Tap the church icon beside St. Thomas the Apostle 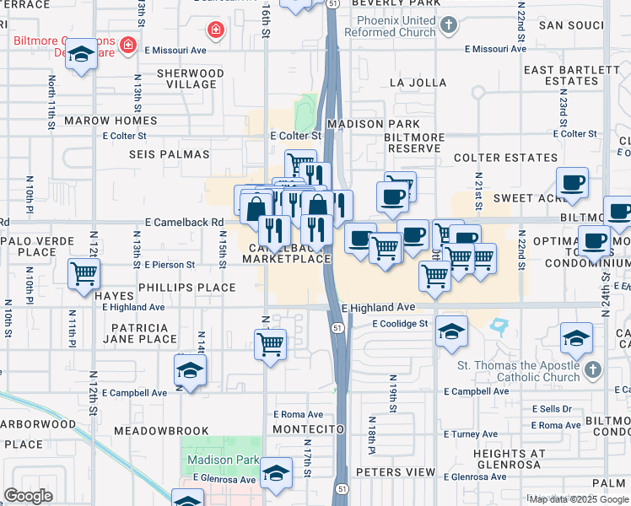pyautogui.click(x=593, y=370)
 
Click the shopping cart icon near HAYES pyautogui.click(x=84, y=273)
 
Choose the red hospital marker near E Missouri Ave pyautogui.click(x=216, y=31)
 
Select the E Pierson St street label pyautogui.click(x=170, y=264)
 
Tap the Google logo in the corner pyautogui.click(x=28, y=496)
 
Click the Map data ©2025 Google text pyautogui.click(x=579, y=499)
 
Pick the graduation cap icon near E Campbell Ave pyautogui.click(x=191, y=370)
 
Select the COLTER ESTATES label pyautogui.click(x=505, y=158)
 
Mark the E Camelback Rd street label pyautogui.click(x=185, y=223)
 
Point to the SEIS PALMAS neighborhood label pyautogui.click(x=169, y=154)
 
